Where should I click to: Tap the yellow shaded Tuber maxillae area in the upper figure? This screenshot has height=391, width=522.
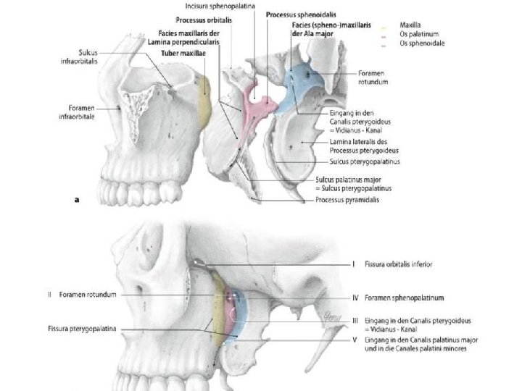coord(204,101)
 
